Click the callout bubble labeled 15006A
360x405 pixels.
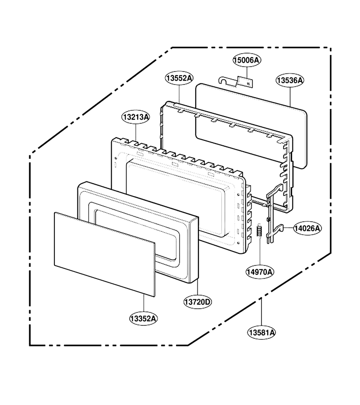point(246,60)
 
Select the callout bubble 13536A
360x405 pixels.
point(290,81)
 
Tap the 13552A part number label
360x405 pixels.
point(179,78)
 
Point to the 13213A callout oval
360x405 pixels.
point(136,117)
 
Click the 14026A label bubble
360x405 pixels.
point(307,228)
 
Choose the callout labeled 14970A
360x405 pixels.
point(260,272)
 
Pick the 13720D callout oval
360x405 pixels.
point(198,301)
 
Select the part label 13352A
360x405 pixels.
point(144,319)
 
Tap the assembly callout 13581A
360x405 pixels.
point(261,333)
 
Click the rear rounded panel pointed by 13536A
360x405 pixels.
point(251,126)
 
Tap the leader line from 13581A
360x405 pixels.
point(261,311)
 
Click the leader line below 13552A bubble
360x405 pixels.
point(179,94)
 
